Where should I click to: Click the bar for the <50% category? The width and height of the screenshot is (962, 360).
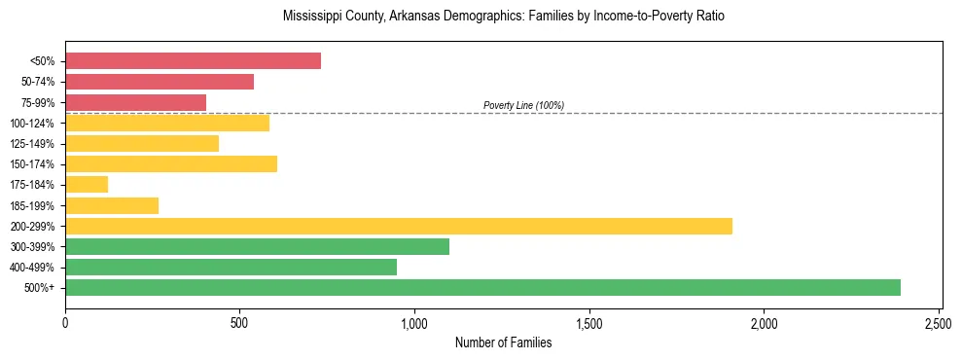[x=193, y=61]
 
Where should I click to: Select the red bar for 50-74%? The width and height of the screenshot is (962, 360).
[x=160, y=82]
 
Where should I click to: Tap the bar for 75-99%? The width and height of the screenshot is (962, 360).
[x=135, y=102]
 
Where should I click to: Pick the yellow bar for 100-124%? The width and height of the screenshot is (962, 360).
[x=167, y=123]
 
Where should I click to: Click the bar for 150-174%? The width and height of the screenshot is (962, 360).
[x=171, y=163]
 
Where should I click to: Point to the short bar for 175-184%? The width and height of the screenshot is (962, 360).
[x=87, y=184]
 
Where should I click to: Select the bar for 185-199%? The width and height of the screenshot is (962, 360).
[x=112, y=205]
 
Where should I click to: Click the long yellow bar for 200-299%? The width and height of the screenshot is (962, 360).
[x=399, y=226]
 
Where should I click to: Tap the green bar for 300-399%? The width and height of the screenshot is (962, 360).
[x=257, y=246]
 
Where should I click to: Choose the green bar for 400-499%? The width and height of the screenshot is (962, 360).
[x=231, y=267]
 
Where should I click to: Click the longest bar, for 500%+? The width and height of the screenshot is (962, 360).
[x=482, y=287]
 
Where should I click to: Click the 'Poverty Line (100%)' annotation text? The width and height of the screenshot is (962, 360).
[x=523, y=105]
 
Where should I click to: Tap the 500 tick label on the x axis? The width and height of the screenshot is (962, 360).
[x=240, y=322]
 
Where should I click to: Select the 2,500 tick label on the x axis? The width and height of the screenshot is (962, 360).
[x=939, y=322]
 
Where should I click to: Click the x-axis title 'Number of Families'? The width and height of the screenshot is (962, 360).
[x=503, y=342]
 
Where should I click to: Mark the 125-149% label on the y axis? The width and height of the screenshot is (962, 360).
[x=32, y=144]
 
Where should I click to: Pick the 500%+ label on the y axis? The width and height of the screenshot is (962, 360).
[x=40, y=288]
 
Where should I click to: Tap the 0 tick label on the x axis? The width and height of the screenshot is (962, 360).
[x=65, y=322]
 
